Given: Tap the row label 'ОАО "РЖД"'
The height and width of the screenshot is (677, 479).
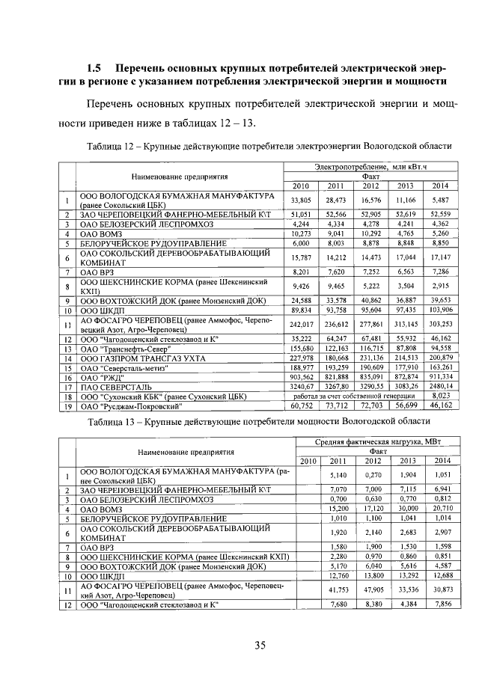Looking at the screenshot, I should [x=99, y=379].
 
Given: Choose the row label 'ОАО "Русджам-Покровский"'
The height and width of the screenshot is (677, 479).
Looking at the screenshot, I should [x=130, y=408].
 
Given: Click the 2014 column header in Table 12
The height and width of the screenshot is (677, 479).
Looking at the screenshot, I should [x=440, y=186].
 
